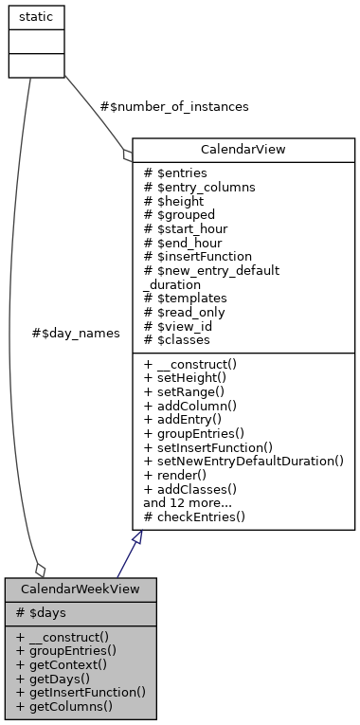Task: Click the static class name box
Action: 36,17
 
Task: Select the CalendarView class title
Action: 243,149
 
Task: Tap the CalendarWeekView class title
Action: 81,589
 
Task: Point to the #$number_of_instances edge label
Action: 174,107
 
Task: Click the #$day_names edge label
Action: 76,334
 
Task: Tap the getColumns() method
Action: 64,705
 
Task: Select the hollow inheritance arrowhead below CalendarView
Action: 138,537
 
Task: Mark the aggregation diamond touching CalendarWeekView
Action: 39,569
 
